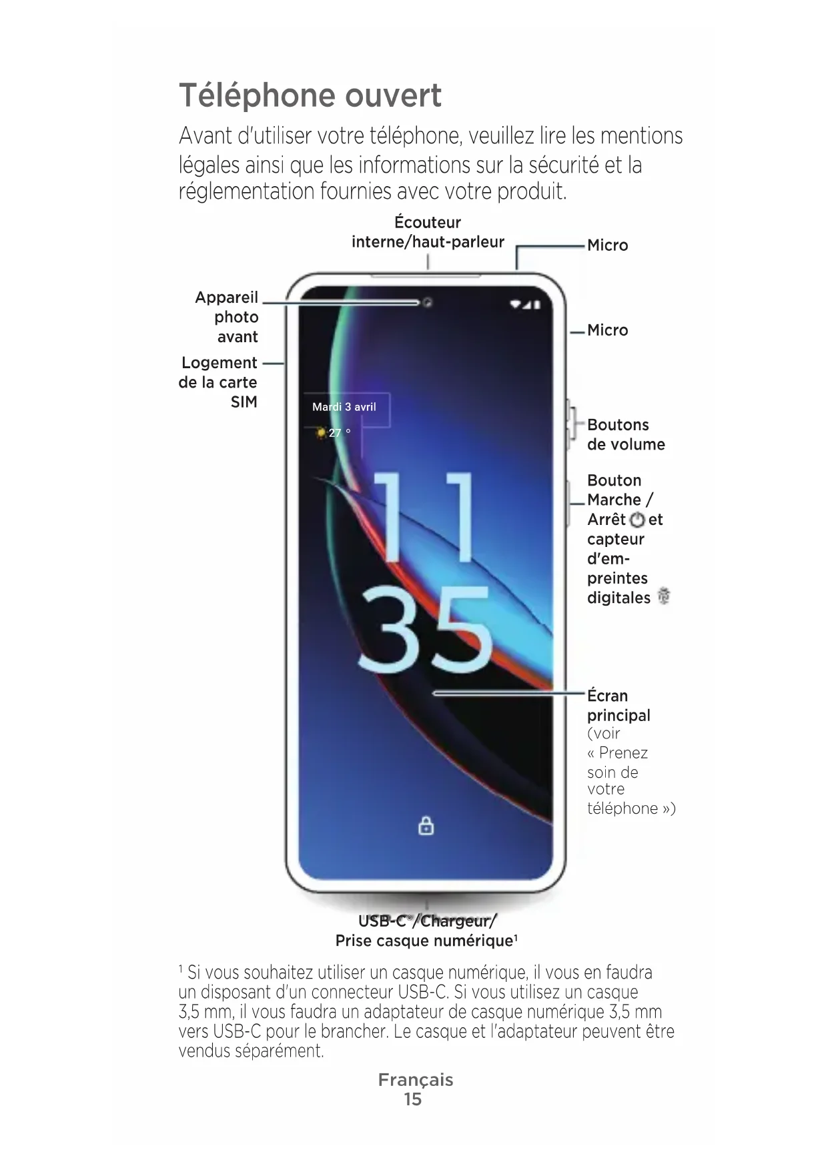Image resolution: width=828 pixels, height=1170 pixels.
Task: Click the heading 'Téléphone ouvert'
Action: coord(310,95)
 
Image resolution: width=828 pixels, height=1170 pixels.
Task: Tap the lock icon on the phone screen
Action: coord(426,826)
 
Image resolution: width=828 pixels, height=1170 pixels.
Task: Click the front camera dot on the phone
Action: coord(428,303)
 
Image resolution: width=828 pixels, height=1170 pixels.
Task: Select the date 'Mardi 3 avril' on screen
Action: coord(344,407)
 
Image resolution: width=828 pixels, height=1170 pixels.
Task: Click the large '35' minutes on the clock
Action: coord(426,630)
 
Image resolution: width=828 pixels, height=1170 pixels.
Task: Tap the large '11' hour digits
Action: coord(424,517)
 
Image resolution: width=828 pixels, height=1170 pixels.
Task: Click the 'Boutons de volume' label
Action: coord(625,434)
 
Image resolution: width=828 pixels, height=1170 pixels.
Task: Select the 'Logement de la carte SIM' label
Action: coord(219,382)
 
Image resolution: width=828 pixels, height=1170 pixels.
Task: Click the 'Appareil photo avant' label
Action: coord(227,317)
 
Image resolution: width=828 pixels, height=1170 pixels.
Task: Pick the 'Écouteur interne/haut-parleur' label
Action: coord(428,232)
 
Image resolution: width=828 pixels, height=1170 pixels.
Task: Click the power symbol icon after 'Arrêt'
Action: coord(637,520)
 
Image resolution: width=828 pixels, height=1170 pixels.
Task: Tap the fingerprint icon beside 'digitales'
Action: coord(663,596)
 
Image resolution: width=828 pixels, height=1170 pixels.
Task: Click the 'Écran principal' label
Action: coord(618,705)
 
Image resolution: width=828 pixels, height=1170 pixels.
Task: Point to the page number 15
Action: coord(413,1099)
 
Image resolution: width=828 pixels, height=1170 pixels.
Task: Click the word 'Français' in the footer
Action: coord(415,1080)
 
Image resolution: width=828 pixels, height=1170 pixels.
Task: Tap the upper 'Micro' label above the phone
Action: coord(607,245)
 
